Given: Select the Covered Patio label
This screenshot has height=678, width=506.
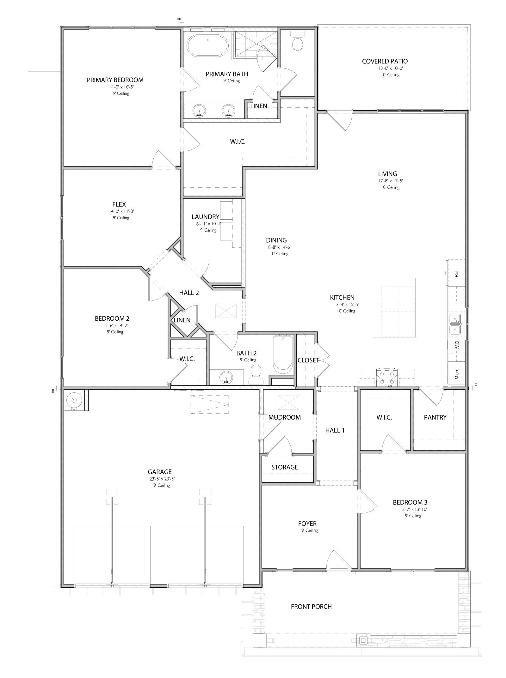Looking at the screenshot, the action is pos(385,61).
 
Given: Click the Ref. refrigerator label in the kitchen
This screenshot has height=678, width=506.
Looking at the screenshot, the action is pos(456,273).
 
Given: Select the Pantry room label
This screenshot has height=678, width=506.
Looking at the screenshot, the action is pos(435,417).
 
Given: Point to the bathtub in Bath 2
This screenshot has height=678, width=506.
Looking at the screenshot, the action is pos(283,354).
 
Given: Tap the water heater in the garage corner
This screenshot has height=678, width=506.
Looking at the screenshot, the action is pos(74,400).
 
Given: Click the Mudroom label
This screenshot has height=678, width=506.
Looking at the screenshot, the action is pos(285,417).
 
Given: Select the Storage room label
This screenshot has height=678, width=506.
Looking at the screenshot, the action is pos(285,467).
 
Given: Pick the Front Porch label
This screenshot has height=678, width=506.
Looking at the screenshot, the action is pos(311,607).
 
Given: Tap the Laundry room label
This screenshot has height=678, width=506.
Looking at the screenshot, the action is pos(205,217).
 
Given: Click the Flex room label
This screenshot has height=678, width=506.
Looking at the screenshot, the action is pos(119,204).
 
